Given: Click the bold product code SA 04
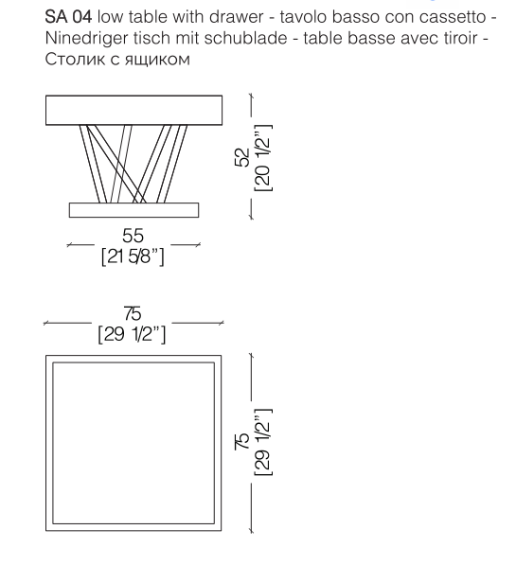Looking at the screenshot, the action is tap(68, 17).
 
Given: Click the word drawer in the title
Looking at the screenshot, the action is tap(237, 17).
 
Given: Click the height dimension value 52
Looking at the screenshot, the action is tap(242, 157).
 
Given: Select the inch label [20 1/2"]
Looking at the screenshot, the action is tap(262, 158).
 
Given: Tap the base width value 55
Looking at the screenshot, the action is tap(133, 236).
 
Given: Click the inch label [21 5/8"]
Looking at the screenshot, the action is tap(133, 256).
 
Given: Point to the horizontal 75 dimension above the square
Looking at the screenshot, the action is tap(133, 313).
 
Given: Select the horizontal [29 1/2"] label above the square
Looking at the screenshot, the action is tap(132, 335).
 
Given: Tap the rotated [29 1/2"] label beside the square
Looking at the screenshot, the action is tap(262, 443).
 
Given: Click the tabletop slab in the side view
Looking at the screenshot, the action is tap(133, 111).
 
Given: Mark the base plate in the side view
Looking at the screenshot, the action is tap(133, 210).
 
